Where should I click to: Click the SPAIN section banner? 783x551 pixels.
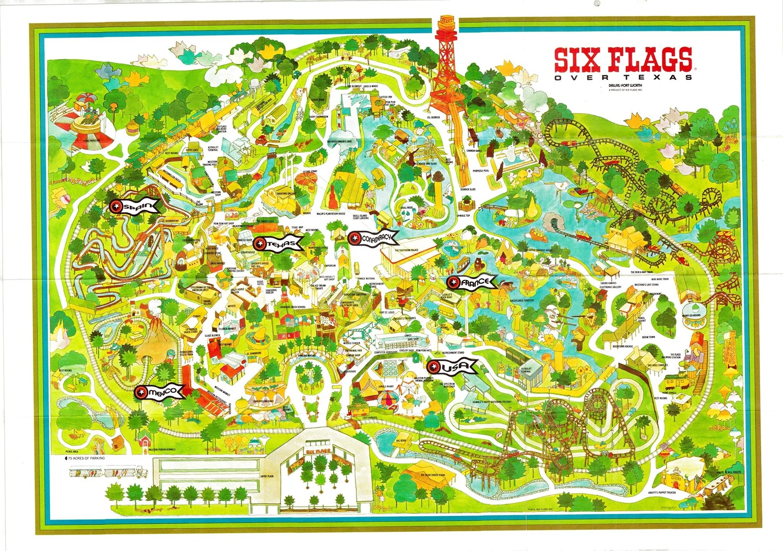click(x=134, y=207)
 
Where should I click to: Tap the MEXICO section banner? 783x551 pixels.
click(x=159, y=391)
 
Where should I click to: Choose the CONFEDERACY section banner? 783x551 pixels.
click(x=372, y=238)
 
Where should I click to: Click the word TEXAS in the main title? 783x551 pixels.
click(x=667, y=78)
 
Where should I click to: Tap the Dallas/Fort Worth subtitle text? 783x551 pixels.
click(x=626, y=85)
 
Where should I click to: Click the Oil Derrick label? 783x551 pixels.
click(x=433, y=118)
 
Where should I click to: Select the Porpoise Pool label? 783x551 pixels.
click(x=480, y=171)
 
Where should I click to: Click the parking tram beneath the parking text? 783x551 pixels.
click(x=107, y=473)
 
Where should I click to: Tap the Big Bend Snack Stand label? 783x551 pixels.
click(x=433, y=475)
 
